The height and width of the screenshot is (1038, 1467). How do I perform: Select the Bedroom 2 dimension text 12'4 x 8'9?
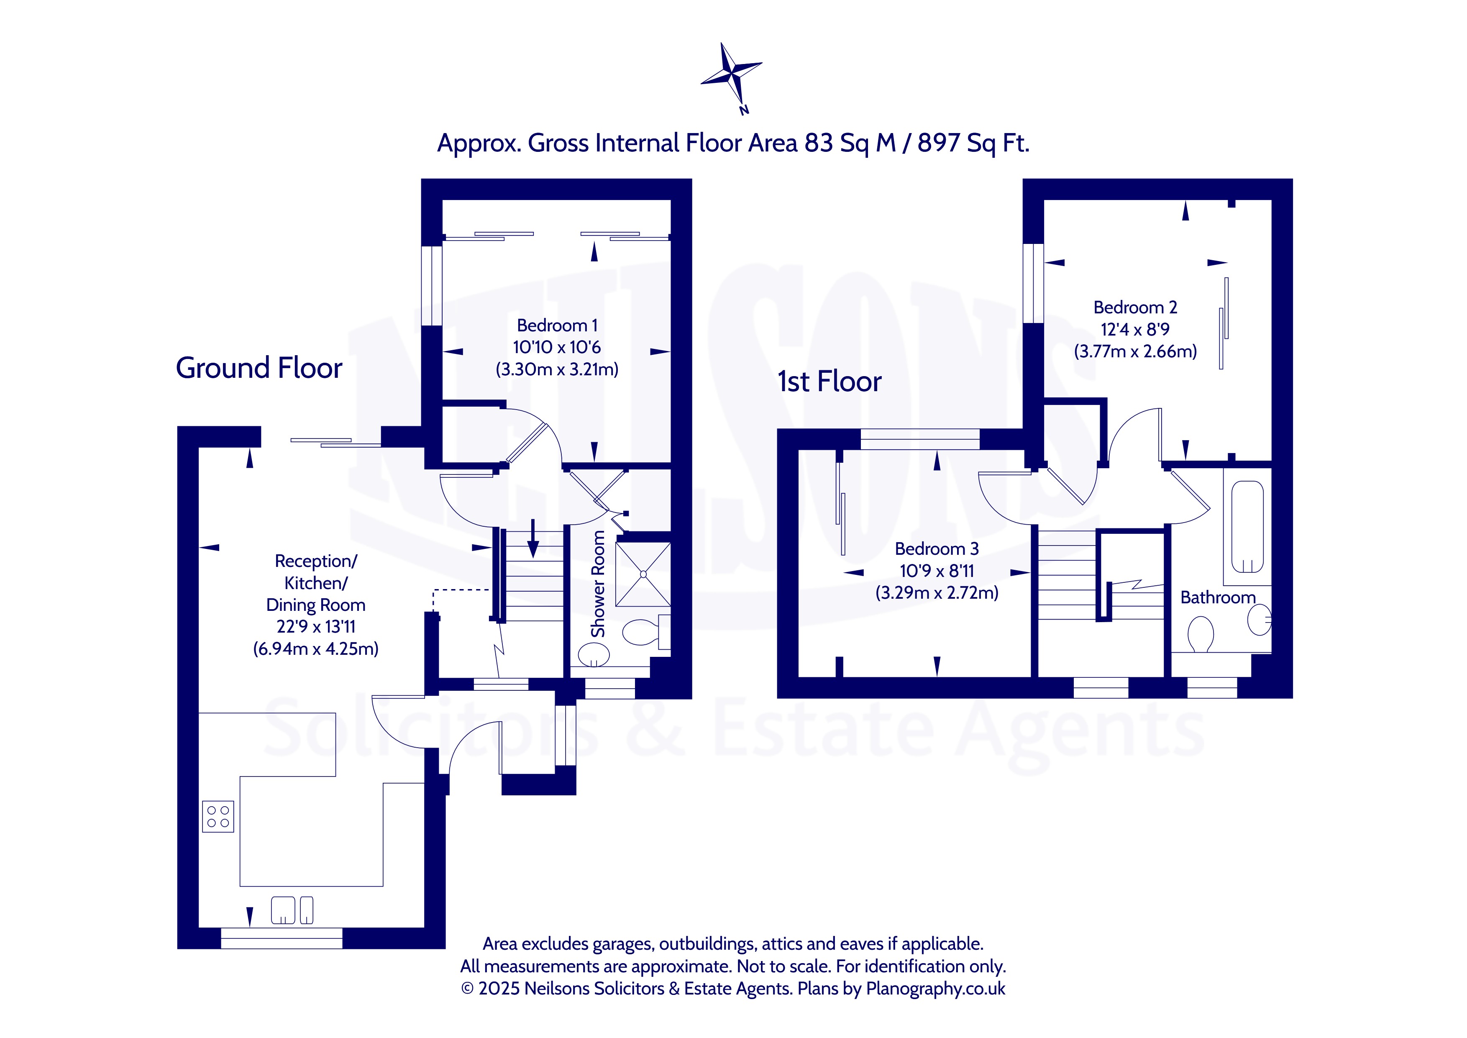pos(1135,329)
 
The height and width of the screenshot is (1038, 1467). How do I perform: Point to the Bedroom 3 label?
pos(937,548)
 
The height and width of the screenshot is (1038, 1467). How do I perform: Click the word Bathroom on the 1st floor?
pos(1218,597)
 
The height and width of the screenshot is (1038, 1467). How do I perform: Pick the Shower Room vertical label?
pos(598,584)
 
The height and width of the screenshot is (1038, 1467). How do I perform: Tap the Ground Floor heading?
pos(259,368)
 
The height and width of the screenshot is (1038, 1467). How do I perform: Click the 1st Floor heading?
pos(830,382)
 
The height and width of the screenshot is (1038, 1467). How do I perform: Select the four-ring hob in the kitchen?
pos(218,816)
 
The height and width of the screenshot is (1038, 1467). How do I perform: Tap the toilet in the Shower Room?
pos(646,632)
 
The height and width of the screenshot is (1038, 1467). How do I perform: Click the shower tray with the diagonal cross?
pos(643,574)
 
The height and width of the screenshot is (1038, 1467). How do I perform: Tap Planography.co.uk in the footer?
pos(935,989)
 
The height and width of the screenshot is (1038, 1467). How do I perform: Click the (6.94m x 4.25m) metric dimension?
pos(316,649)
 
